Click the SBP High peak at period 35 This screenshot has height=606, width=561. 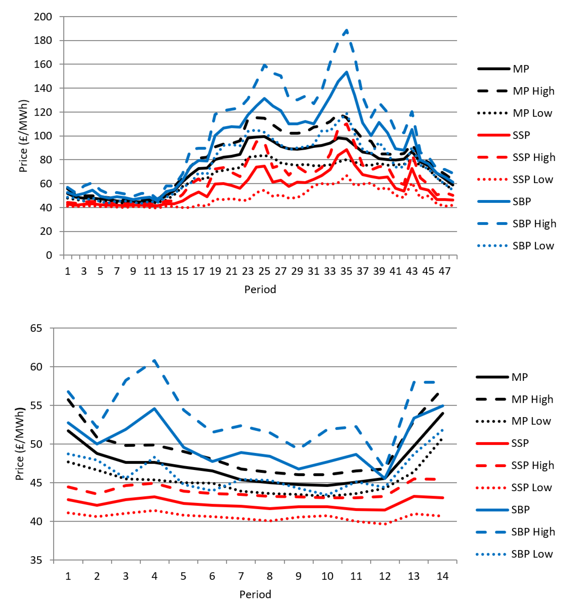pos(346,30)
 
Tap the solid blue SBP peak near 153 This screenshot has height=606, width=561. pos(346,72)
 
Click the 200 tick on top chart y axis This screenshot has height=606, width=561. pos(43,17)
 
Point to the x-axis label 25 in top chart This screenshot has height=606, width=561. pos(264,271)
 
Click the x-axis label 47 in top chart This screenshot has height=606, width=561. pos(444,271)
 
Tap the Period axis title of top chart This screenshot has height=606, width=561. pos(260,289)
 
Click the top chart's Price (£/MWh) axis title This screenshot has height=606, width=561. pos(23,136)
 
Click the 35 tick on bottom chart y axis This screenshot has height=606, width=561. pos(36,560)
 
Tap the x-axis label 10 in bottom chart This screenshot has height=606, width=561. pos(327,576)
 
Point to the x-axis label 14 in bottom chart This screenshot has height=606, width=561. pos(442,576)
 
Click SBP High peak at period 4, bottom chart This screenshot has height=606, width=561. pos(154,361)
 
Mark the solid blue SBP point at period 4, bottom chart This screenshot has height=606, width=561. pos(154,409)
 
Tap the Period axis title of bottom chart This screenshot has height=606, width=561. pos(255,594)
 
